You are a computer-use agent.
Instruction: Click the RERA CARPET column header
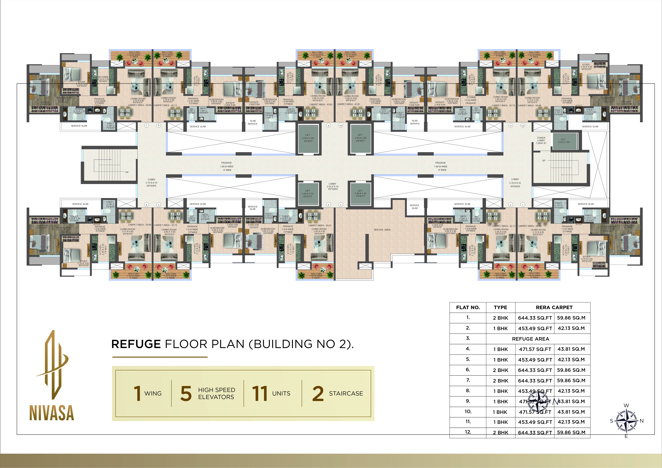[554, 307]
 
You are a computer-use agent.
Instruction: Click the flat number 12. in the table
[468, 432]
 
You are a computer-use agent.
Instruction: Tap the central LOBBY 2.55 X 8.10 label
[332, 186]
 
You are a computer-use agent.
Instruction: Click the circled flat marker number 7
[146, 125]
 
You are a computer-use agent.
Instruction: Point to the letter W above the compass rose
[626, 405]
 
